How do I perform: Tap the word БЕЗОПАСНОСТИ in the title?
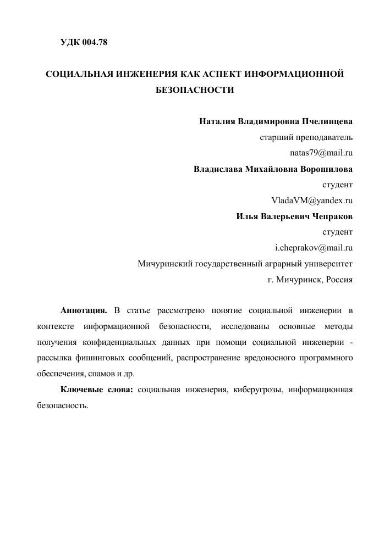195,90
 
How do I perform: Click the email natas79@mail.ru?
321,152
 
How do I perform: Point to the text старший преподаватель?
306,136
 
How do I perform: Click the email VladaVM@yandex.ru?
312,200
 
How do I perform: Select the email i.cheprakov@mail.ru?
314,247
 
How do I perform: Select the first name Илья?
248,216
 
